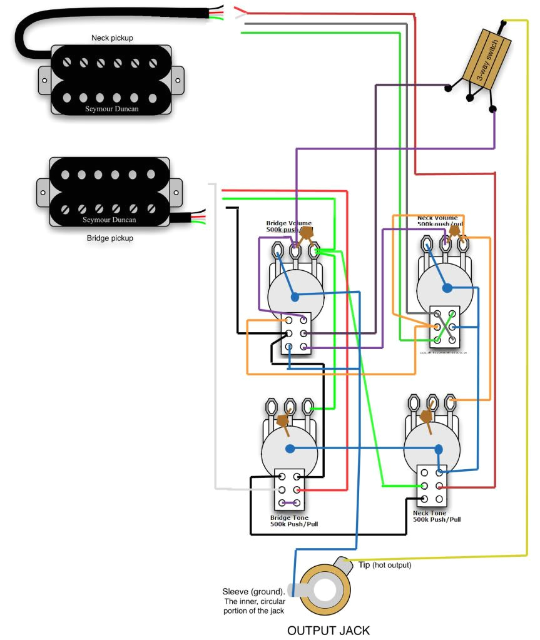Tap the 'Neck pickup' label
[112, 38]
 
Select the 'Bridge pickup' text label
[110, 238]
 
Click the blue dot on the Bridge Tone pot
[290, 449]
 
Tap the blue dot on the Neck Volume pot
[447, 288]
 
